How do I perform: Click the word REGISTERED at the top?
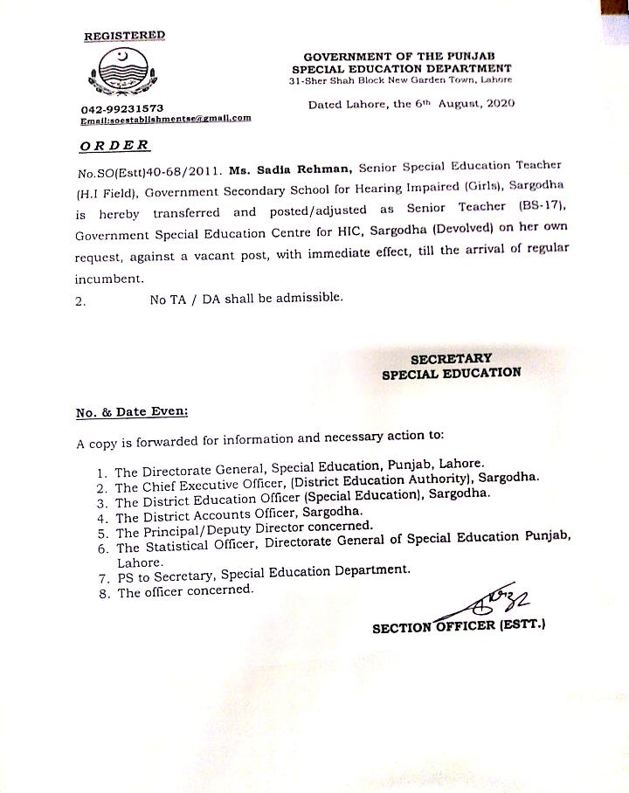124,36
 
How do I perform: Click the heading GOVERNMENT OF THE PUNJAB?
402,56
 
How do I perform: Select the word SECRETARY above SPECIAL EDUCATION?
451,358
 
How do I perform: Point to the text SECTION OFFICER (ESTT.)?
459,626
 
